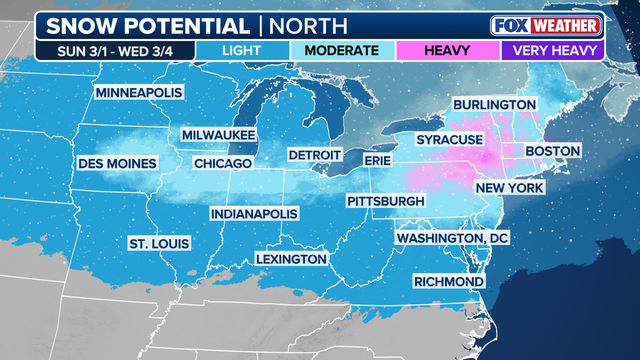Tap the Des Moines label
119,163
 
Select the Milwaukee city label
219,135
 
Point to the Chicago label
221,163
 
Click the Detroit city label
315,156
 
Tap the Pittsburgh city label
385,202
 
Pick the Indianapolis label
254,214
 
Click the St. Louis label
159,243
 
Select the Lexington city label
291,259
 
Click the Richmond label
448,282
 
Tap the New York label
509,188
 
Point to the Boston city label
552,151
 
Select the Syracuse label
450,139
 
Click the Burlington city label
494,104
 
